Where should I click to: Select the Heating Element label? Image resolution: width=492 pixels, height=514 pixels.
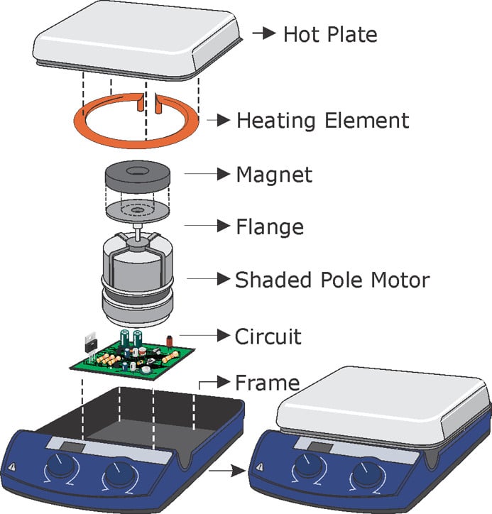(322, 120)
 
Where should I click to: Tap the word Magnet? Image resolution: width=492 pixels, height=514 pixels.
(273, 174)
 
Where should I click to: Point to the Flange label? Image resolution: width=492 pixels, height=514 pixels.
(269, 227)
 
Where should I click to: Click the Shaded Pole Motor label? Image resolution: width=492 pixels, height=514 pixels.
(332, 280)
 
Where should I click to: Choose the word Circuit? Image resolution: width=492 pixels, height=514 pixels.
(268, 335)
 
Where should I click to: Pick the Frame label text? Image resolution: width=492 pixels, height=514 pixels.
(267, 383)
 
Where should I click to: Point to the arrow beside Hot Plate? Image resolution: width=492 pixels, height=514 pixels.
(263, 33)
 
